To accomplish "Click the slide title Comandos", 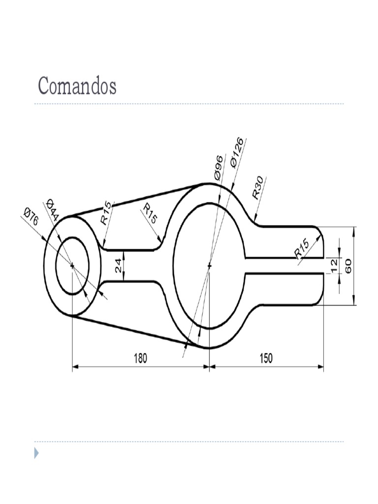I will click(77, 86).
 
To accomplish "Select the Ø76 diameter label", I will click(31, 217).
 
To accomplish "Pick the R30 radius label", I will click(258, 187).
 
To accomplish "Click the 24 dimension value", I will click(118, 266).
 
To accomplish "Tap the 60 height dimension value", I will click(348, 266).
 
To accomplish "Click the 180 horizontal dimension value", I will click(141, 358).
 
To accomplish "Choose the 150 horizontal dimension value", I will click(266, 358).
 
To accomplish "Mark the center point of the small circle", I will click(72, 266).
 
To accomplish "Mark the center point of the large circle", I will click(209, 266).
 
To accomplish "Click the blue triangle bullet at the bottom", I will click(36, 453).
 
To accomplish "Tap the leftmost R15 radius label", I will click(106, 213).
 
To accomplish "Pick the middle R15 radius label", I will click(150, 214).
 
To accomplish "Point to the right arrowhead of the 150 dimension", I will click(321, 366).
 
